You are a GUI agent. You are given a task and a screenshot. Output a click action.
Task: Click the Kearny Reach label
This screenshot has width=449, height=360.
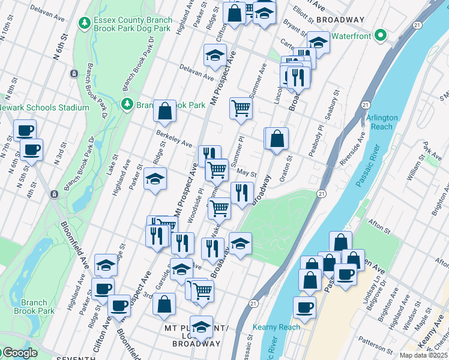(x=276, y=327)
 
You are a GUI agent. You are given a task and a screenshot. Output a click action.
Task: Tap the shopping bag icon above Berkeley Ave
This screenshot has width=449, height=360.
(x=164, y=111)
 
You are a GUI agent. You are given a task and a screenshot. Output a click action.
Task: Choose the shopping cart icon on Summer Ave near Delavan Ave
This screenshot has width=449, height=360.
(x=241, y=108)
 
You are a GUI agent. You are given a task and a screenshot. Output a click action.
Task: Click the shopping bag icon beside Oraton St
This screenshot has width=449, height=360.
(x=277, y=139)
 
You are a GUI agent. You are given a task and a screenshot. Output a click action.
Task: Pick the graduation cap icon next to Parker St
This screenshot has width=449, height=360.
(x=155, y=179)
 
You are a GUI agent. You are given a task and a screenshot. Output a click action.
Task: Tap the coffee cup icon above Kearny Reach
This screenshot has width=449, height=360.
(x=305, y=307)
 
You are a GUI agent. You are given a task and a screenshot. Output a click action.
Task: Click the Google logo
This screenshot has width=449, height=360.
(x=20, y=353)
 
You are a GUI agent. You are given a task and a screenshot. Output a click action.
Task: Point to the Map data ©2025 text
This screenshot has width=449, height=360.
(x=423, y=355)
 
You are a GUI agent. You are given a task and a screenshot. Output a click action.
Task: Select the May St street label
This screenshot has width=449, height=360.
(x=247, y=172)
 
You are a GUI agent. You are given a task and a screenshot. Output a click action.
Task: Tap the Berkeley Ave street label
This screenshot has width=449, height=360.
(x=173, y=139)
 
